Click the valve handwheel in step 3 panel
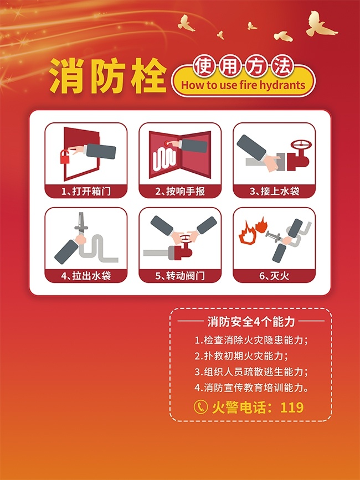301,145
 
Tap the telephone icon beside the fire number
201,407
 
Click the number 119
292,407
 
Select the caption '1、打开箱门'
86,192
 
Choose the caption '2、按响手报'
180,192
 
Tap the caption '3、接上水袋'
274,192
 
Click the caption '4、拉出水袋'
86,276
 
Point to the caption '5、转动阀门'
180,276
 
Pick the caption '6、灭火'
274,276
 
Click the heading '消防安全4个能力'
251,322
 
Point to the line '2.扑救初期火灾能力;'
242,356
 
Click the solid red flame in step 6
261,225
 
